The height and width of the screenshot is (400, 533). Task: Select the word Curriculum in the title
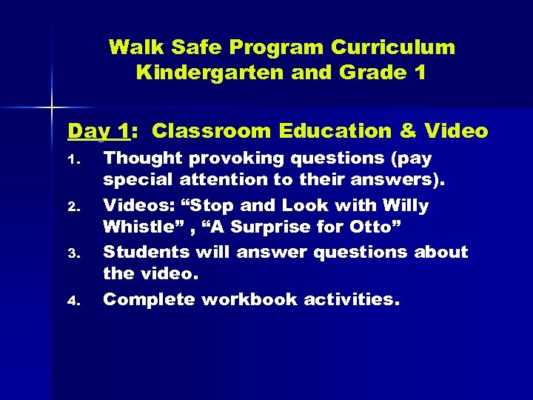pyautogui.click(x=393, y=48)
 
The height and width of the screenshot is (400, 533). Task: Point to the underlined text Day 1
pyautogui.click(x=98, y=132)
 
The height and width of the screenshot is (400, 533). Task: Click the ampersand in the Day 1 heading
pyautogui.click(x=408, y=132)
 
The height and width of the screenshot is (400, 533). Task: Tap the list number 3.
pyautogui.click(x=73, y=253)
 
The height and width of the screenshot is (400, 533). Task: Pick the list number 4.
pyautogui.click(x=73, y=301)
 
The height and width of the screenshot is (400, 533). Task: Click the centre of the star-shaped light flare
pyautogui.click(x=51, y=108)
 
